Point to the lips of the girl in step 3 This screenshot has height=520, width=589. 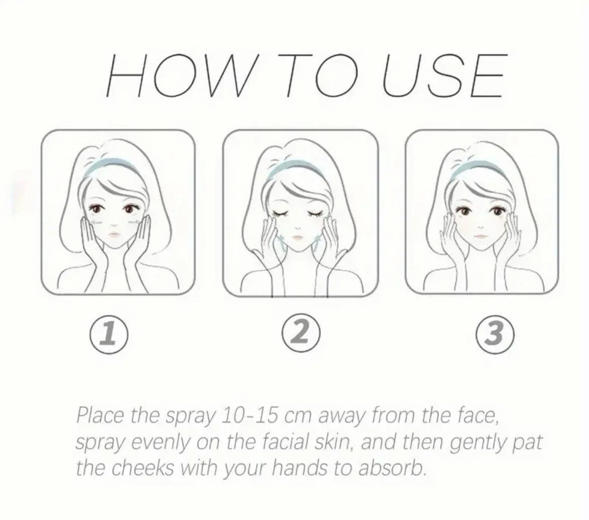coord(481,234)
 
